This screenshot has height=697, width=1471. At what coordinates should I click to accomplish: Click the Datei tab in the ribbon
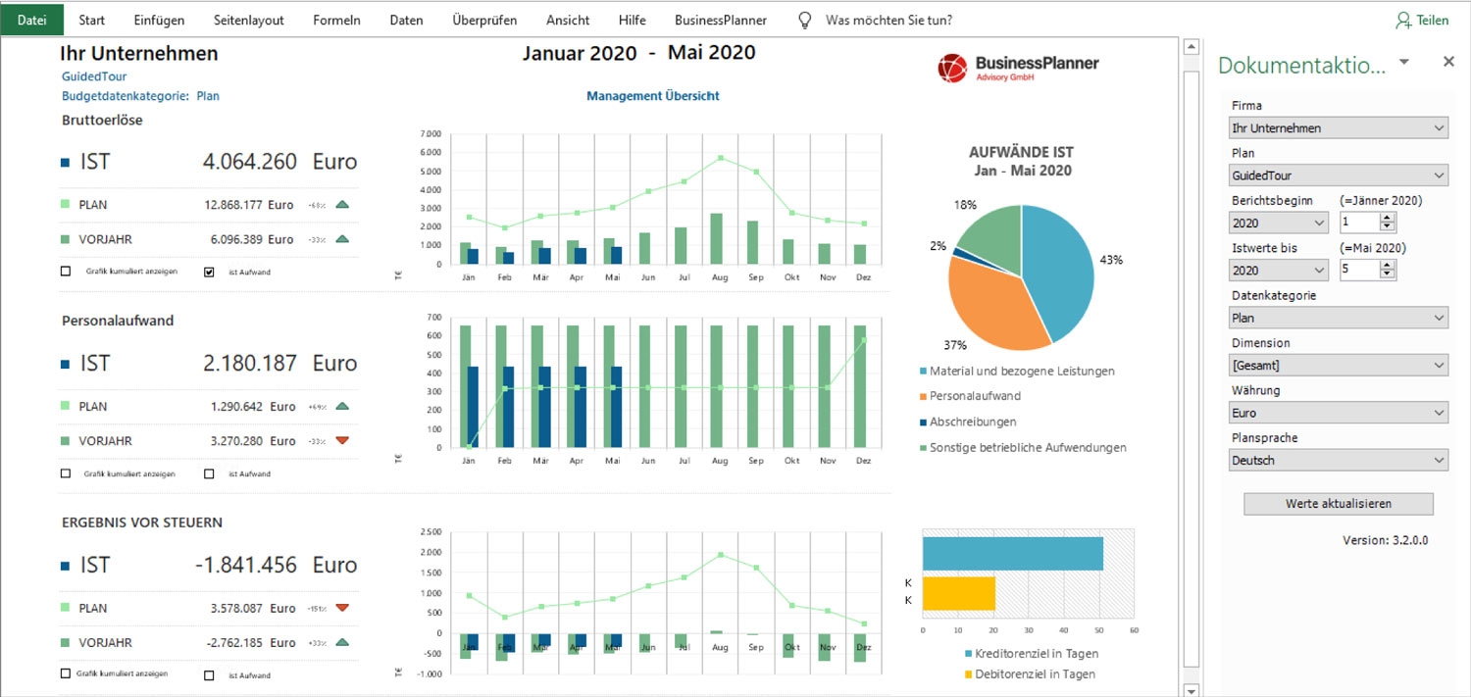coord(32,20)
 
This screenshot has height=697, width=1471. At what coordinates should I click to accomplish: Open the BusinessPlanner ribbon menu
coord(721,20)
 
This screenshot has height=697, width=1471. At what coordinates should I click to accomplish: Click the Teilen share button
coord(1422,20)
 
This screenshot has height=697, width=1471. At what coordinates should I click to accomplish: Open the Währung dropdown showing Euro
coord(1338,413)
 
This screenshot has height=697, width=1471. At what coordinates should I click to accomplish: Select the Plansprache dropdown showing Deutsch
coord(1338,460)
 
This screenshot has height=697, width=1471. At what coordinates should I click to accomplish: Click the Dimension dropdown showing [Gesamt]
coord(1338,366)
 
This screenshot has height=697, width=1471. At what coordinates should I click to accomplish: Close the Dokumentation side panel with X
coord(1448,62)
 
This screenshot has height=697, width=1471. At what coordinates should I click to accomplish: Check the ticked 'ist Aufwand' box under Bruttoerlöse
coord(209,272)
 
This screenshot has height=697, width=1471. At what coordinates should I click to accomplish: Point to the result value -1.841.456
coord(245,565)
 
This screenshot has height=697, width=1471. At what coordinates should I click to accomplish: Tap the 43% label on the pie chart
coord(1111,260)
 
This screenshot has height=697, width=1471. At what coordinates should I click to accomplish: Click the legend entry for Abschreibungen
coord(972,422)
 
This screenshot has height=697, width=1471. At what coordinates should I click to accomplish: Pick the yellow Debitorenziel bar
coord(959,594)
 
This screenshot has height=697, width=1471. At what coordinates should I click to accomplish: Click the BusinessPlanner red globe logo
coord(952,68)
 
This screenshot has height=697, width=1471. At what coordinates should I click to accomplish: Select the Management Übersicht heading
coord(653,96)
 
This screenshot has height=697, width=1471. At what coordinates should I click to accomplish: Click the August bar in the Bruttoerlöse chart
coord(716,238)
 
